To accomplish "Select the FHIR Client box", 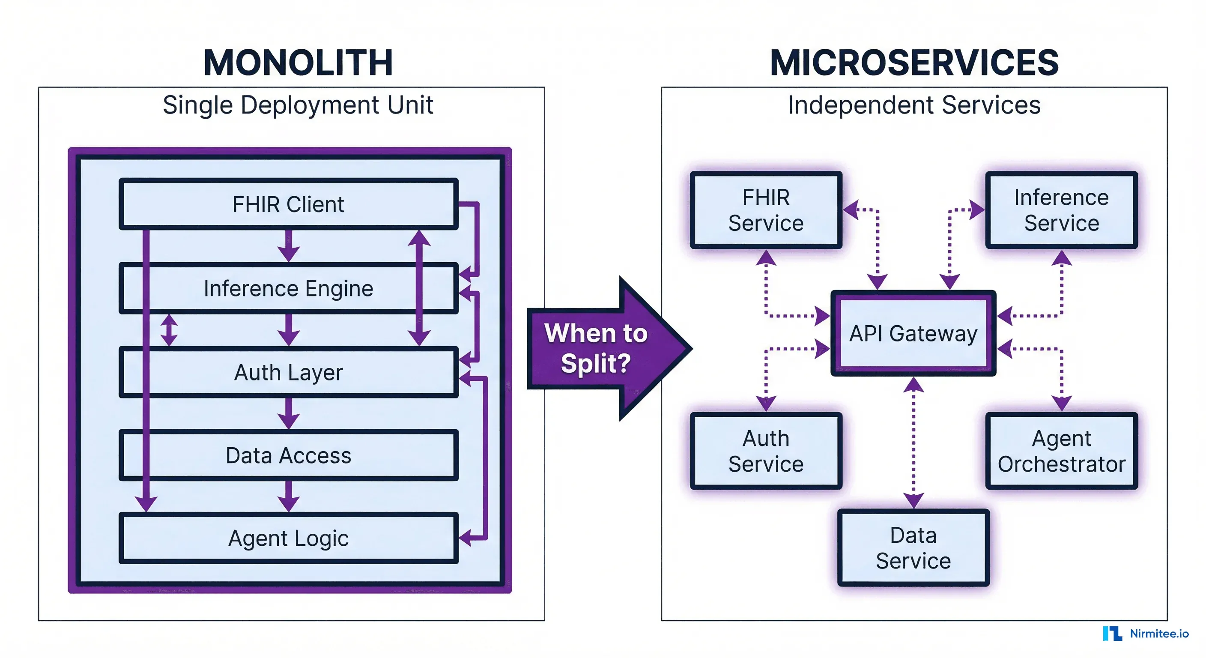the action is click(288, 204).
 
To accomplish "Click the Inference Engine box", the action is click(288, 288).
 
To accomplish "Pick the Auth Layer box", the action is click(288, 372).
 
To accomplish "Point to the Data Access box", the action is click(288, 455).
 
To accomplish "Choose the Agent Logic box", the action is click(288, 538).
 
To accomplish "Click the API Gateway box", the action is click(913, 333).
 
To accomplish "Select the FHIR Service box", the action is click(766, 210).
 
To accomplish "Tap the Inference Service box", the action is click(1061, 210).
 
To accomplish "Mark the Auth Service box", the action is click(766, 451).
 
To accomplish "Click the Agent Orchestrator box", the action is click(1061, 451).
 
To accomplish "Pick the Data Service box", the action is click(913, 547).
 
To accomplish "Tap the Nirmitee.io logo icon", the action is click(1112, 633).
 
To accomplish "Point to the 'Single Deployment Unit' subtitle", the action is click(298, 105).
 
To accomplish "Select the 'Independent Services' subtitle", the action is click(914, 105).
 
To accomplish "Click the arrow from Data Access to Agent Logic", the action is click(288, 496).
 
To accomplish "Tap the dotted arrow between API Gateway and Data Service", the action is click(913, 443).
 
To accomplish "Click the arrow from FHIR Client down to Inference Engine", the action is click(288, 246).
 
